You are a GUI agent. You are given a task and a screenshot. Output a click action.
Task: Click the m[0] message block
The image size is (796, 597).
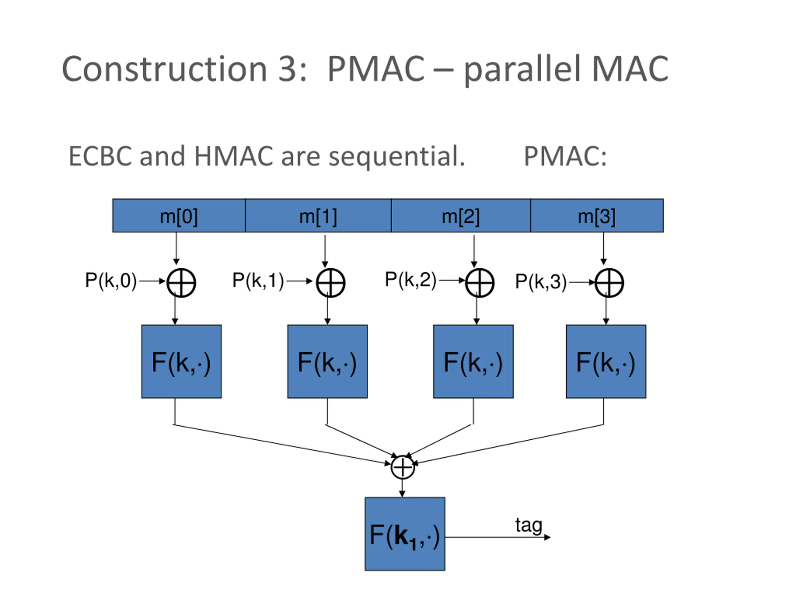[179, 215]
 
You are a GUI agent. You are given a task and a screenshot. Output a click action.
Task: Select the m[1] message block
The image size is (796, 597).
[318, 215]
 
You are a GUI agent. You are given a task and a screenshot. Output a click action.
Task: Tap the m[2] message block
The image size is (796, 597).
[460, 215]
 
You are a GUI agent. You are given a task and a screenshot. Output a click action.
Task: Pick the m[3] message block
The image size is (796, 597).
[597, 215]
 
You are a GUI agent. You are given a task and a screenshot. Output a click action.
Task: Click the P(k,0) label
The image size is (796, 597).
[111, 280]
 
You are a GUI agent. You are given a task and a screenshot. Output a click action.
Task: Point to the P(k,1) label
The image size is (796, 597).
[258, 280]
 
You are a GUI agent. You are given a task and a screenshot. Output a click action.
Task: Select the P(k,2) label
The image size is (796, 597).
[411, 280]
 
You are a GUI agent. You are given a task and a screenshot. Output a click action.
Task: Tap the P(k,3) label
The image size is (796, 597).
[541, 281]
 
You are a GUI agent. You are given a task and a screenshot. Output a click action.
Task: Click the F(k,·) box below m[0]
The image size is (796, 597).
[181, 361]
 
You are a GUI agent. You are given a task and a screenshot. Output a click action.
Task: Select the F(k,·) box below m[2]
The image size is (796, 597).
[473, 361]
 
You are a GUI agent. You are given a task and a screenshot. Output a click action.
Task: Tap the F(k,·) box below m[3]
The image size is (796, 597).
[606, 361]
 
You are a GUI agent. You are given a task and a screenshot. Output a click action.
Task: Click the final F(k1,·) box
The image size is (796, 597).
[405, 534]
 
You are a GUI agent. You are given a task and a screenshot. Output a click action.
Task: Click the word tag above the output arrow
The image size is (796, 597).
[529, 526]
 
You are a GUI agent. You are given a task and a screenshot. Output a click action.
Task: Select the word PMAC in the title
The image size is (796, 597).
[377, 69]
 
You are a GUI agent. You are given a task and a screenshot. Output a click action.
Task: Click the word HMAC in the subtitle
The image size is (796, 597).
[234, 156]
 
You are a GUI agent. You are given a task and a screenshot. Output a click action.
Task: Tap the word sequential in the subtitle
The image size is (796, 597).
[397, 157]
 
